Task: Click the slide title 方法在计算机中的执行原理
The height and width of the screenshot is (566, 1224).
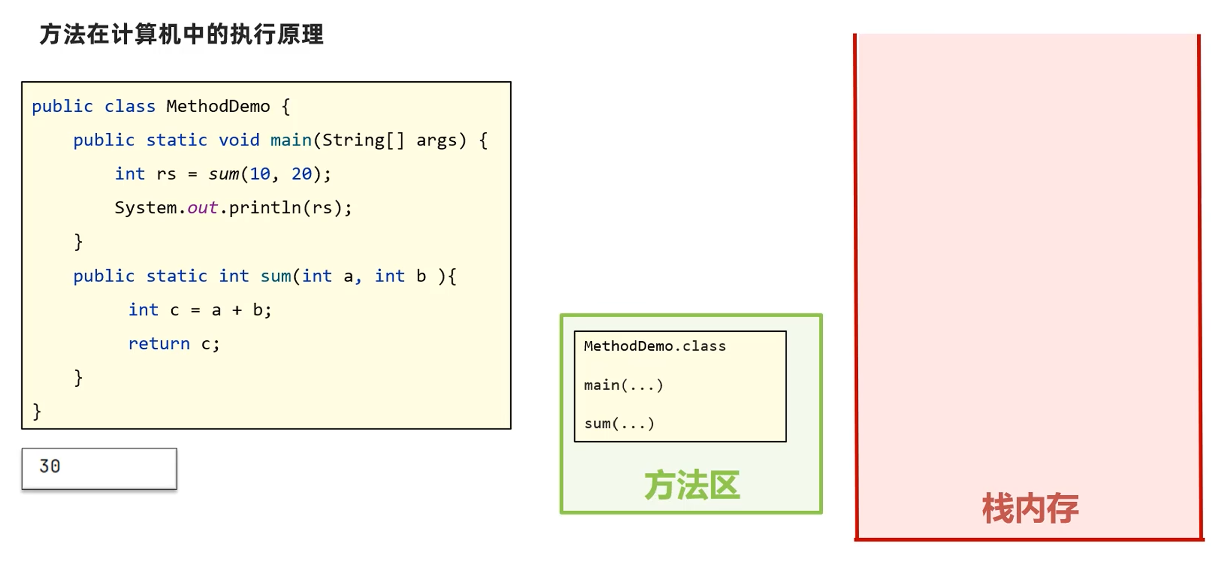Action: click(x=182, y=35)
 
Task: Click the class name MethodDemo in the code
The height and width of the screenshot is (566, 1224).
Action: click(x=218, y=107)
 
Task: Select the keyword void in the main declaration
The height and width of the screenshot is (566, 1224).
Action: click(x=239, y=140)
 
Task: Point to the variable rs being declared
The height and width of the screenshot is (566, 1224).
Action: click(x=166, y=175)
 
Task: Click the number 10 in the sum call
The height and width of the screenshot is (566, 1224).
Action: click(x=260, y=175)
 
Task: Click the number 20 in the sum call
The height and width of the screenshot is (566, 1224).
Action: click(x=301, y=175)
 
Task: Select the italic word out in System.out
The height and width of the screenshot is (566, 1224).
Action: click(x=202, y=208)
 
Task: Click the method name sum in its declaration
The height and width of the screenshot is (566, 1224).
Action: click(x=275, y=276)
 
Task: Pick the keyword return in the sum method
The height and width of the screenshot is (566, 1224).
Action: click(x=159, y=344)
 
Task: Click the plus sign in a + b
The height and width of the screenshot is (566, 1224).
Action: click(x=237, y=310)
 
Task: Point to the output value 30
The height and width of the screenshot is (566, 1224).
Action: click(x=50, y=467)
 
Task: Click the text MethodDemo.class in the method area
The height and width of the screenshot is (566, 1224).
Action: click(x=655, y=346)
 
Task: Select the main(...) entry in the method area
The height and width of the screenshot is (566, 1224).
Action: click(x=623, y=385)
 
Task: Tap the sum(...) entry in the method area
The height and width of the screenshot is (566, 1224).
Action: click(x=619, y=423)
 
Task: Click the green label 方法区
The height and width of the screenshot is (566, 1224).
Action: click(x=692, y=486)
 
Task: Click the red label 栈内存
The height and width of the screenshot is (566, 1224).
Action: click(x=1030, y=508)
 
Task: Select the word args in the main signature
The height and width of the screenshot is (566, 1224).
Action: click(x=436, y=140)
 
